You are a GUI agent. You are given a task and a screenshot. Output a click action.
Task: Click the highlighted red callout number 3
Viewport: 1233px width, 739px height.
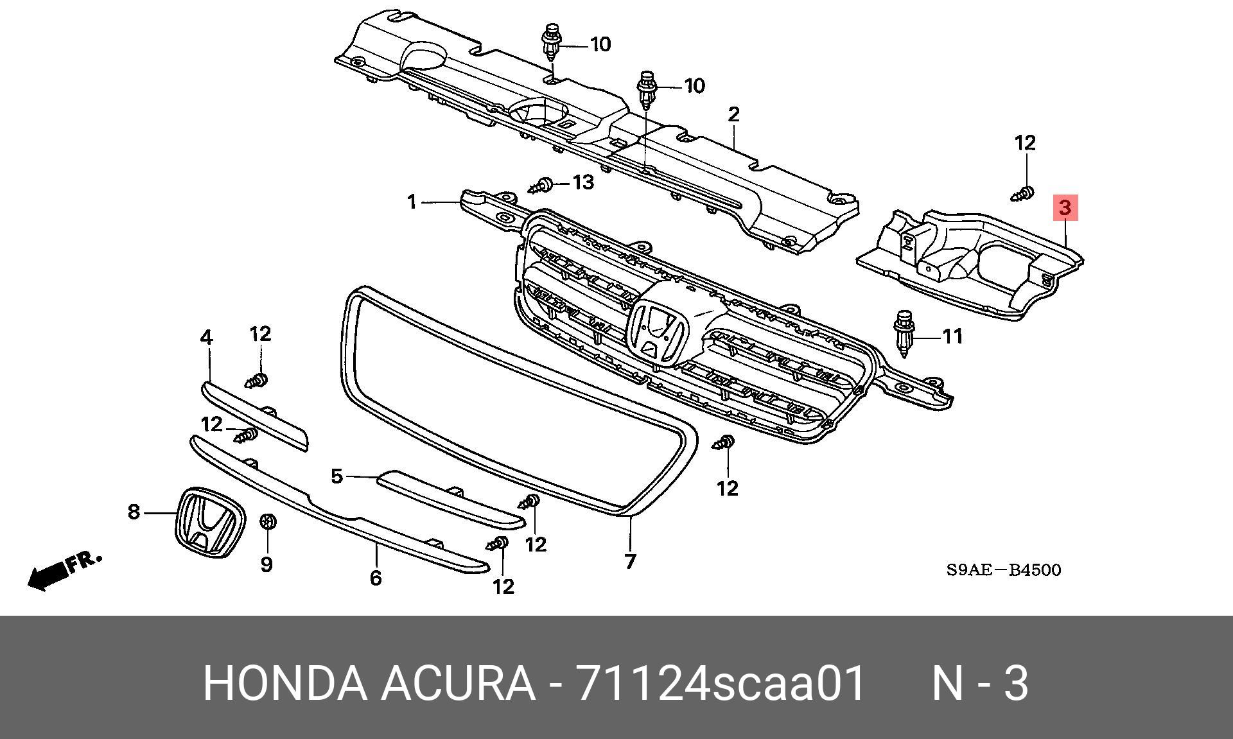[x=1065, y=207]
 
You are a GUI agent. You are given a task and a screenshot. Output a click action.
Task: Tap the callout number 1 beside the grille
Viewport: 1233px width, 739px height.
[x=412, y=202]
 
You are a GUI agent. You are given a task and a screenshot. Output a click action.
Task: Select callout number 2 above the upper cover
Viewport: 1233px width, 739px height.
[x=734, y=114]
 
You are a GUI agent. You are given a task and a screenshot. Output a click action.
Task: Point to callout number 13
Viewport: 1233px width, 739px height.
[x=583, y=182]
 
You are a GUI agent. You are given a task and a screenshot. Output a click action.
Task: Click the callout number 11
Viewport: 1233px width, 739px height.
[x=952, y=336]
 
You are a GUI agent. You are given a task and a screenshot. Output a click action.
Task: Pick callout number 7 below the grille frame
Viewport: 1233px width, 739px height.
[x=630, y=561]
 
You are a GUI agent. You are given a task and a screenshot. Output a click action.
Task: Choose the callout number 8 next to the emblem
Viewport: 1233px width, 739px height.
[x=134, y=512]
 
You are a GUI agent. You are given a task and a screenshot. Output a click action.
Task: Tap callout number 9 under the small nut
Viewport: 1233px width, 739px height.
[x=267, y=564]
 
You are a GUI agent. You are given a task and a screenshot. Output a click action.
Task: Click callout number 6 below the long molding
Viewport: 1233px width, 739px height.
[x=376, y=578]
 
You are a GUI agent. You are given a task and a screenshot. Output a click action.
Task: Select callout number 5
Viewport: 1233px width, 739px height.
[x=337, y=476]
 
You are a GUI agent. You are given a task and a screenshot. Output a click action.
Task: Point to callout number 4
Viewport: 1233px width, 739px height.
[x=206, y=337]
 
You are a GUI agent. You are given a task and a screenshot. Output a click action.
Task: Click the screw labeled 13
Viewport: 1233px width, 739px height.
[x=541, y=186]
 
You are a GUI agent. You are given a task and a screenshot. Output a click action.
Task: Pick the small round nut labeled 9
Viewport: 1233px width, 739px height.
[x=267, y=521]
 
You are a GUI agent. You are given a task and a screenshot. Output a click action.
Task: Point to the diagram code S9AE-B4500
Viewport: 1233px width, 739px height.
[x=1003, y=569]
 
